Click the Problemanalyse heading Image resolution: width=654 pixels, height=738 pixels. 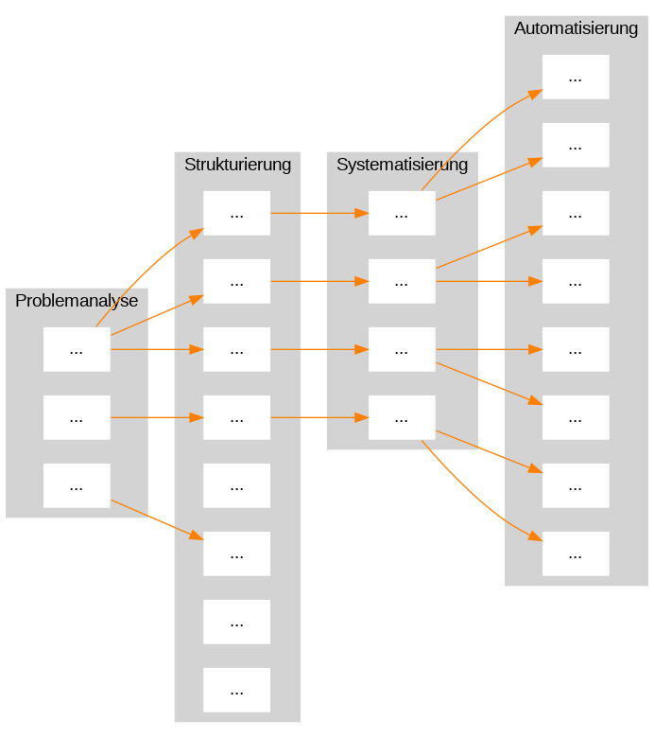click(x=77, y=301)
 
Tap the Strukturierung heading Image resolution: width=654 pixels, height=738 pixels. click(x=237, y=165)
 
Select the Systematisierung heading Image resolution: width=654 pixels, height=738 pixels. click(x=402, y=165)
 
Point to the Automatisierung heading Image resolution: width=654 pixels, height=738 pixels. click(x=576, y=28)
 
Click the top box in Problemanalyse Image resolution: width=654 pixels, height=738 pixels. click(x=77, y=349)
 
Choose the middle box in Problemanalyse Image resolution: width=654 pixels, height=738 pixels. click(x=77, y=417)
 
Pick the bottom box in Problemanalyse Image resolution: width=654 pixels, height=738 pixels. click(x=77, y=485)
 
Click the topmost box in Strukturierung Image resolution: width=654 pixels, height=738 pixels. click(x=236, y=213)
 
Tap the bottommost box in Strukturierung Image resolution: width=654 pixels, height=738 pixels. click(x=236, y=690)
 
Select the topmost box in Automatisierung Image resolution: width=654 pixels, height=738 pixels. click(x=576, y=77)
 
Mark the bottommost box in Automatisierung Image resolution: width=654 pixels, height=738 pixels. click(x=576, y=553)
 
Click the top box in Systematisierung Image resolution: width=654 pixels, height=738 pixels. click(x=402, y=213)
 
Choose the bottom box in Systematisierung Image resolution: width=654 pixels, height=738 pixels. click(x=402, y=417)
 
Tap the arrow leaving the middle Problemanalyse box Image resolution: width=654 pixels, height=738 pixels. click(x=158, y=417)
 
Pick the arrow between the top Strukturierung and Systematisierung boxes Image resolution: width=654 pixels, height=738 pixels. click(x=319, y=213)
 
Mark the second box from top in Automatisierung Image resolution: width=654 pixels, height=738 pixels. click(x=576, y=145)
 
